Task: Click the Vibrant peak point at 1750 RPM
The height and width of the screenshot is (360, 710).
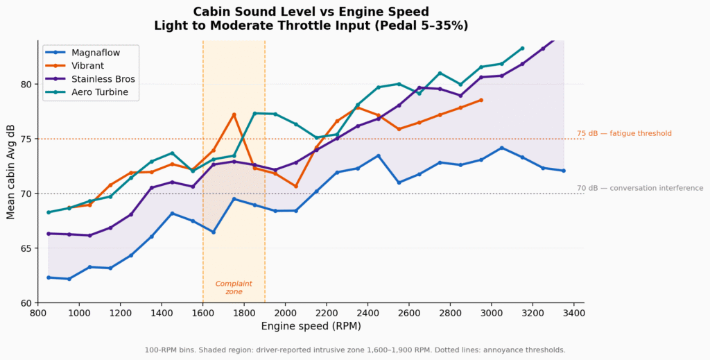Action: [234, 114]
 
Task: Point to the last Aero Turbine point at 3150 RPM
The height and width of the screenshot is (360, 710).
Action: [523, 49]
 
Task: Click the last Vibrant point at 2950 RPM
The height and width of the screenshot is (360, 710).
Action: [481, 100]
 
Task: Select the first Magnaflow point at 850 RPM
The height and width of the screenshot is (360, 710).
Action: [49, 277]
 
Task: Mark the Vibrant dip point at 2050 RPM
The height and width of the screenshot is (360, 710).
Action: [296, 186]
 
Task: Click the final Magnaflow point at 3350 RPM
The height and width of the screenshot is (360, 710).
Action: [564, 171]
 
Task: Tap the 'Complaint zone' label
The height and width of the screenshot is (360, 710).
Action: [234, 288]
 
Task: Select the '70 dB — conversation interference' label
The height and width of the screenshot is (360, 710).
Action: [639, 188]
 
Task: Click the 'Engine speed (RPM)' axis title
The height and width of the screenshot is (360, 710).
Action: [311, 326]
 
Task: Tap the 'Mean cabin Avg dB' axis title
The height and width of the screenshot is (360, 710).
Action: [11, 171]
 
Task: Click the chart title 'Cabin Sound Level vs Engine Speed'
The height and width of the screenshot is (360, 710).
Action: [311, 12]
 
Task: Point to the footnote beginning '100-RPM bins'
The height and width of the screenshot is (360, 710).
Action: [354, 350]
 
